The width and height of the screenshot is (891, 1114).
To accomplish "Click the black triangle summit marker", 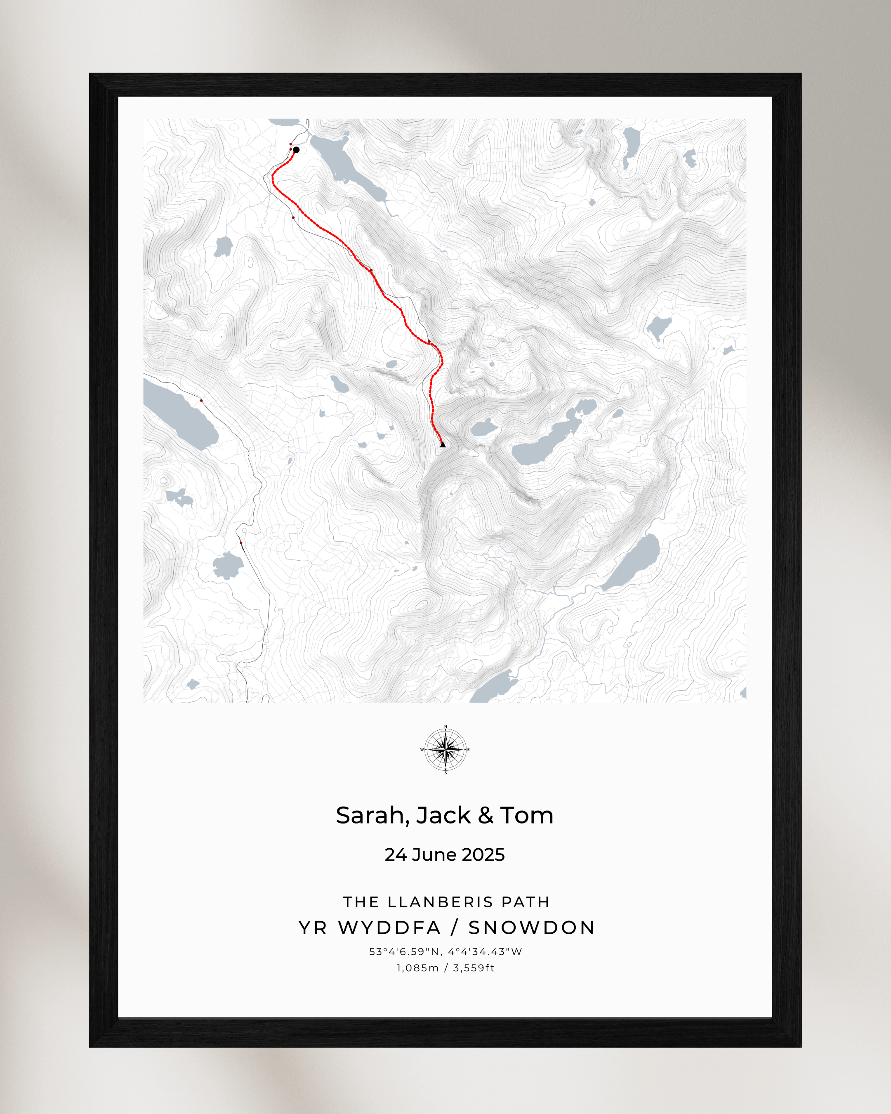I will click(443, 444).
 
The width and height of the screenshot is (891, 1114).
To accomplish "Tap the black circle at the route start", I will click(296, 150).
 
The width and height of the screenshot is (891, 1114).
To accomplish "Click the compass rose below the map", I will click(445, 749).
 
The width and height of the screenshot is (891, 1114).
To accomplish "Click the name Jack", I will click(443, 816).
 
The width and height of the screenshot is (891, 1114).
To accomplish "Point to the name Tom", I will click(527, 816).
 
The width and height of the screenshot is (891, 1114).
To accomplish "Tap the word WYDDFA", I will click(389, 928).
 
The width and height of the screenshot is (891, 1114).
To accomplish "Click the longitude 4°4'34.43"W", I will click(485, 952).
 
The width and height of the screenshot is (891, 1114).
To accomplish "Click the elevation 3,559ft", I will click(474, 968).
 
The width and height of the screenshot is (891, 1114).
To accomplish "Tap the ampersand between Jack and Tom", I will click(486, 816).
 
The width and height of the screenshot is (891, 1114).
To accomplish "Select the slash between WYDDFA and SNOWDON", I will click(455, 928).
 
